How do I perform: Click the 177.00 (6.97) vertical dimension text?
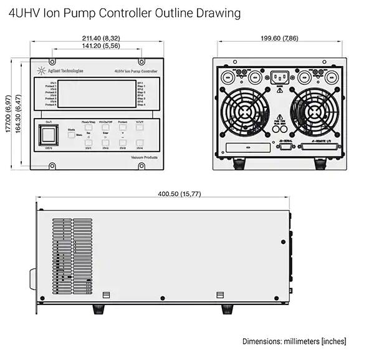coord(7,113)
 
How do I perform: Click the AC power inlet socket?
coord(279,78)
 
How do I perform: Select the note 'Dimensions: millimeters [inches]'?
coord(294,341)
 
